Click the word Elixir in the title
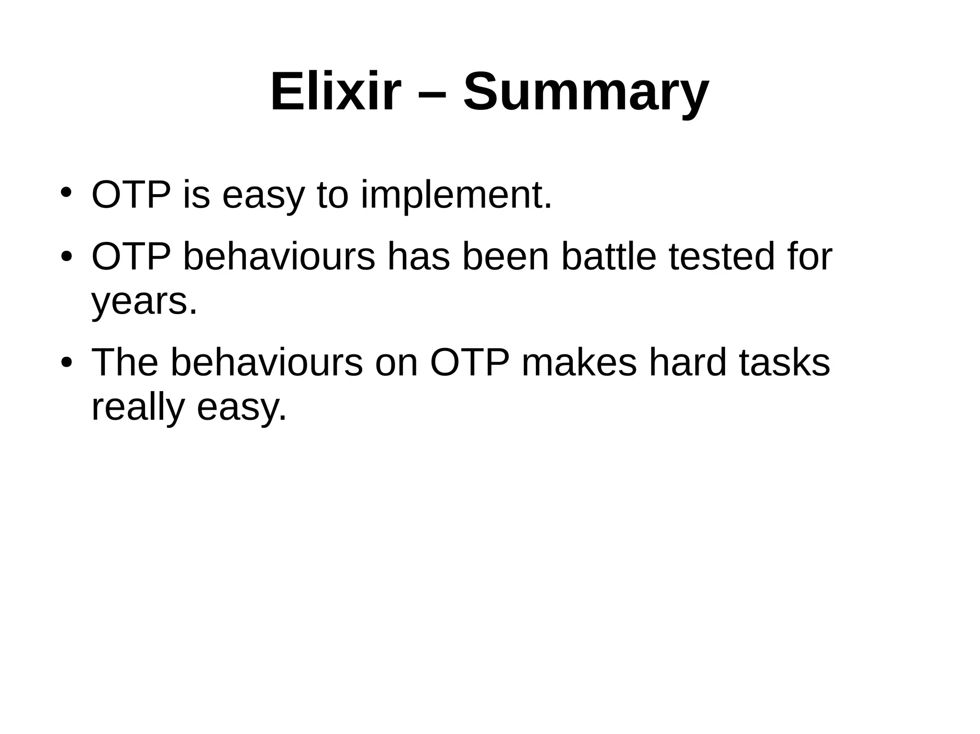pos(335,91)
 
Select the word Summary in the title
pos(586,91)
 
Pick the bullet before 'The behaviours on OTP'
pos(66,362)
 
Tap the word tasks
pos(785,362)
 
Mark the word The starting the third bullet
pos(124,362)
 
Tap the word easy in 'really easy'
pos(242,409)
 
